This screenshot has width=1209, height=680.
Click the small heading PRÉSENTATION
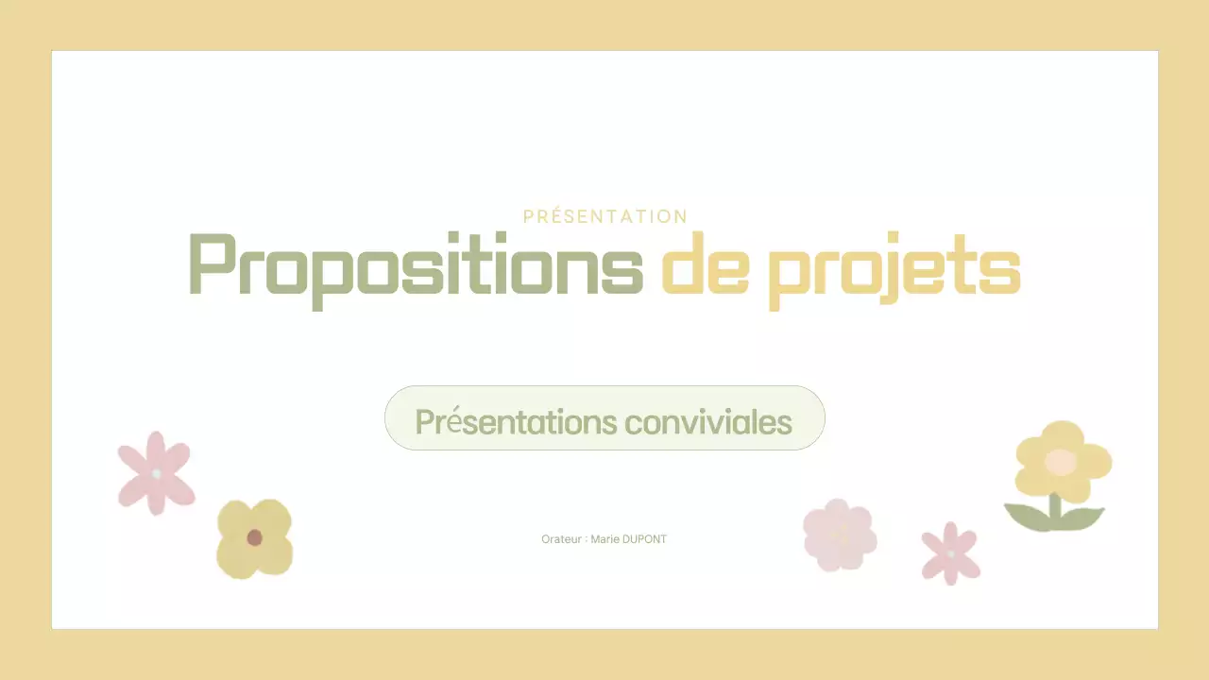(x=605, y=216)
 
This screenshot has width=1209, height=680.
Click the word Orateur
(x=561, y=539)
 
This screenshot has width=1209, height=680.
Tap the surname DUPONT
(x=645, y=539)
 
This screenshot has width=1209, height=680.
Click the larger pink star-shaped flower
(x=156, y=472)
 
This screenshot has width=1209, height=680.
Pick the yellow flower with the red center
(x=254, y=538)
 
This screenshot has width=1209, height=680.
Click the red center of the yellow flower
(x=254, y=537)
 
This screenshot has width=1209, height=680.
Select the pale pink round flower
(x=839, y=535)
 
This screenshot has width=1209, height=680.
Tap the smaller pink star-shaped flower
(x=950, y=552)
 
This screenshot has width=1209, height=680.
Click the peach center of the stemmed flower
(x=1061, y=462)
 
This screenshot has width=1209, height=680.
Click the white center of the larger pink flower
(x=157, y=472)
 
